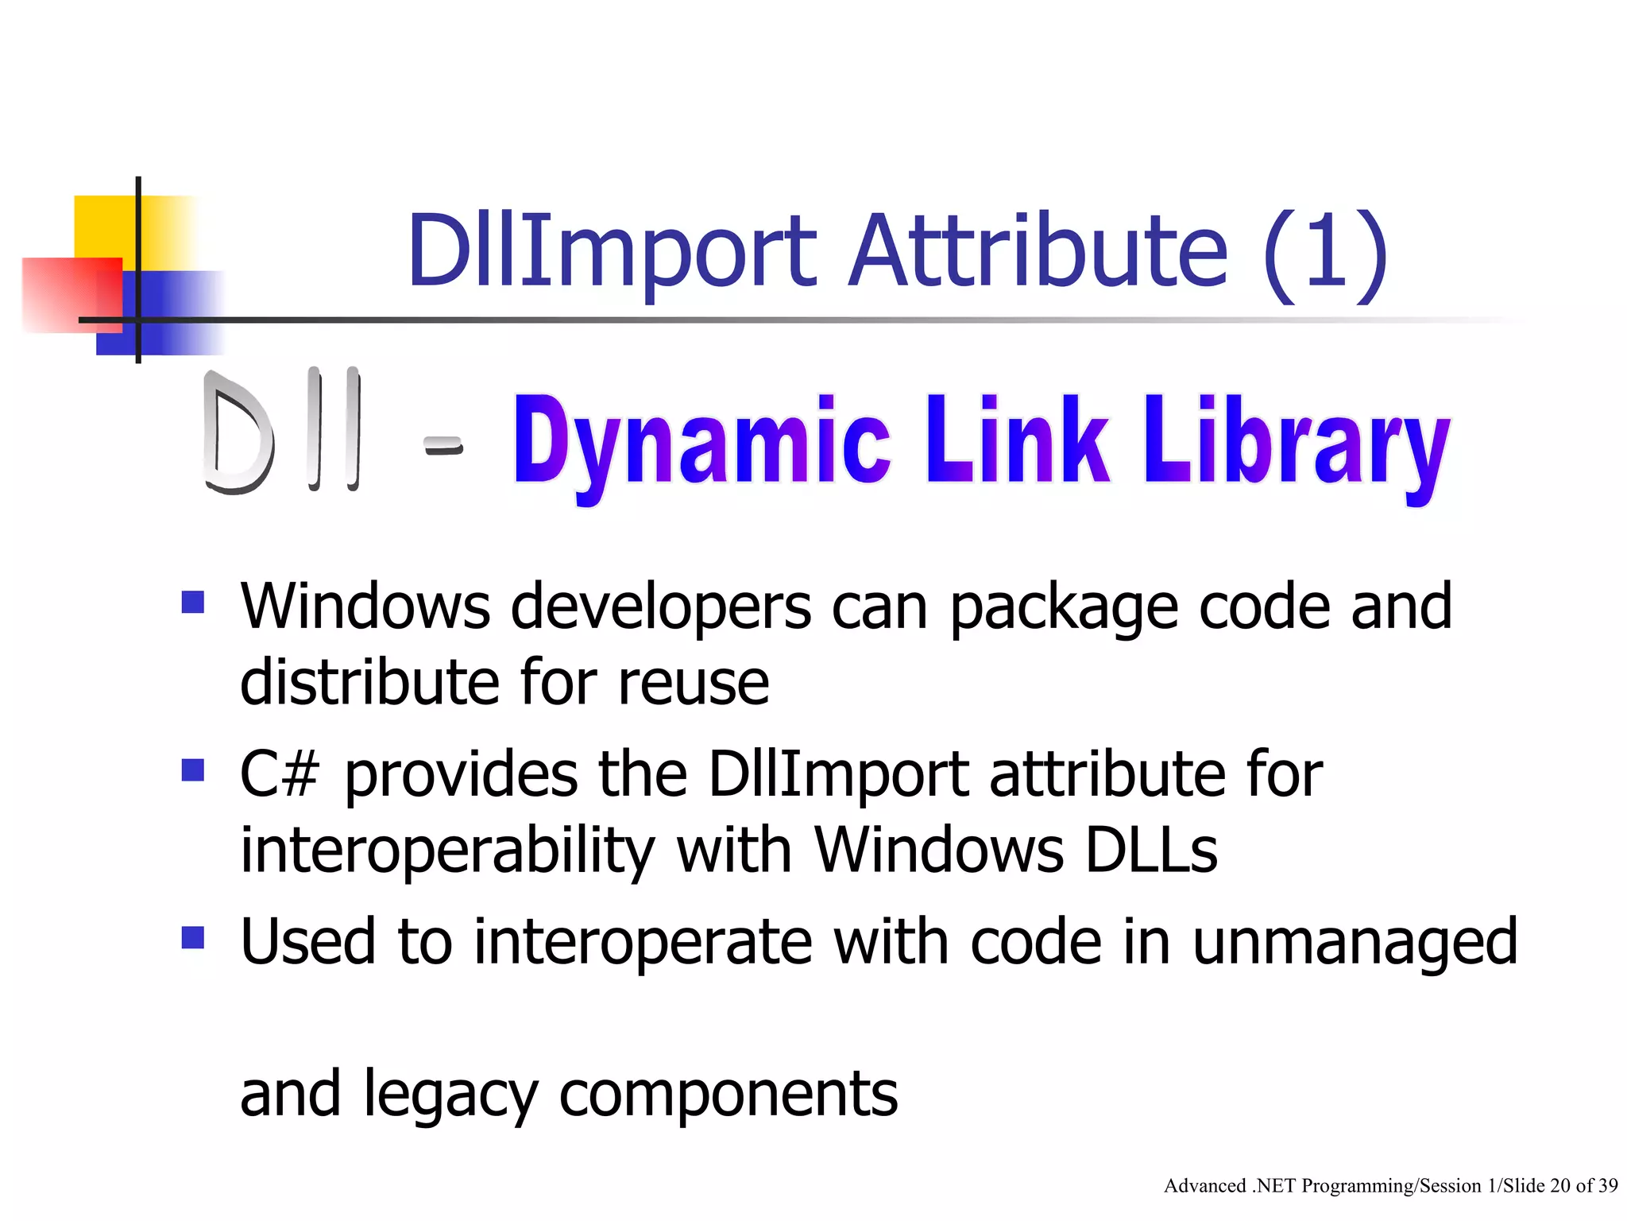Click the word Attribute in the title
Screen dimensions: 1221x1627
point(1038,251)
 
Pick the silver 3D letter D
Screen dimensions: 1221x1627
point(237,433)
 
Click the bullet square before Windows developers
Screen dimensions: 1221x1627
point(193,602)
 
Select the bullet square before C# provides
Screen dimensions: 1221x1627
point(193,769)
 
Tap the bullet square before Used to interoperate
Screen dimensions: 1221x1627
point(193,937)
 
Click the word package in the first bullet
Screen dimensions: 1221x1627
point(1064,608)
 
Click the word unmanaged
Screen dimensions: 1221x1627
point(1355,943)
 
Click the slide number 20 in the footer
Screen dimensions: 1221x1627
point(1560,1187)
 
